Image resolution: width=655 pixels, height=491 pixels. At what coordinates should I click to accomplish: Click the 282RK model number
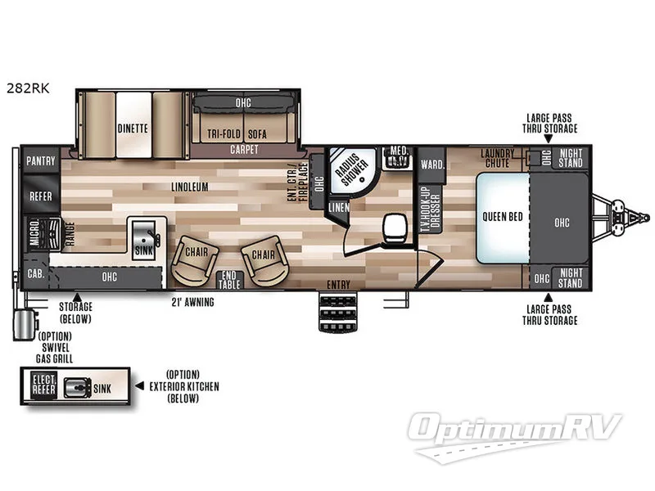(x=27, y=90)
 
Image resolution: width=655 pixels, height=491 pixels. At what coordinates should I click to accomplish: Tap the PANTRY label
(x=41, y=161)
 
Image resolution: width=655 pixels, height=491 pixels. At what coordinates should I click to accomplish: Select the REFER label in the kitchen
(x=41, y=197)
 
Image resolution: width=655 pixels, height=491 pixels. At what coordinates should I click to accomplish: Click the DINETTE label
(x=132, y=128)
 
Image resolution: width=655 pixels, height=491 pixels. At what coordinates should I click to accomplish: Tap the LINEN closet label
(x=339, y=208)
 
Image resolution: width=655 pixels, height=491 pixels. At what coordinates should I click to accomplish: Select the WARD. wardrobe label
(x=432, y=164)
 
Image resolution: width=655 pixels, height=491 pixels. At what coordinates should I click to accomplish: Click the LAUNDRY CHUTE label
(x=497, y=157)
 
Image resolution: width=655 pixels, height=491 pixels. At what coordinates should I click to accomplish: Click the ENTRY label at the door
(x=338, y=285)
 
